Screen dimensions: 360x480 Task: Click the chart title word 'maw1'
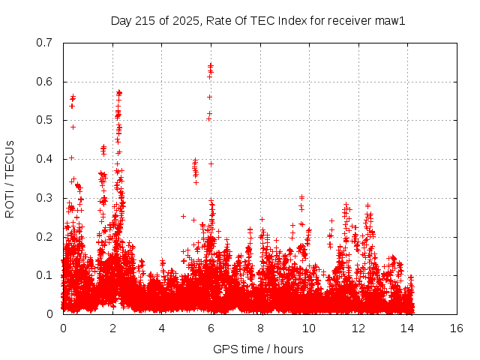pyautogui.click(x=391, y=21)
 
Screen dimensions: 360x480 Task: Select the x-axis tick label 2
pyautogui.click(x=112, y=328)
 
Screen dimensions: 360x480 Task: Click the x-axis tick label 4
pyautogui.click(x=162, y=328)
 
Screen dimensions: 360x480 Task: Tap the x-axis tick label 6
pyautogui.click(x=211, y=328)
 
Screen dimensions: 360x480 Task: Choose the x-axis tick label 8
pyautogui.click(x=260, y=328)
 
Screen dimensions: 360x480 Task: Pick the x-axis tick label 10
pyautogui.click(x=310, y=328)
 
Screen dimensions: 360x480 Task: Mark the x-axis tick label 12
pyautogui.click(x=359, y=328)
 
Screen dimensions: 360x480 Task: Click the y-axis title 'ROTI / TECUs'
pyautogui.click(x=10, y=178)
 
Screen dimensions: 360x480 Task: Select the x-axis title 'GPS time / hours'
pyautogui.click(x=259, y=349)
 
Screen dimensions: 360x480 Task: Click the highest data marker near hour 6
pyautogui.click(x=211, y=65)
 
